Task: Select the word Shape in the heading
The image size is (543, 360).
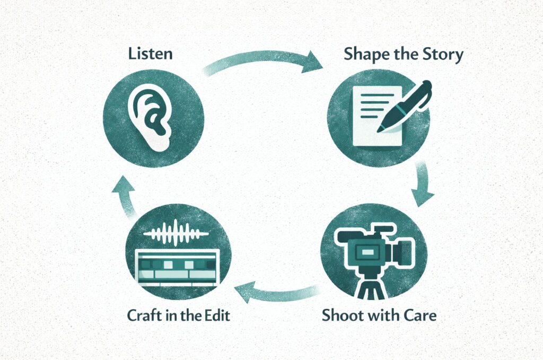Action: (x=366, y=55)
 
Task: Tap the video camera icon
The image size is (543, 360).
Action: (x=371, y=249)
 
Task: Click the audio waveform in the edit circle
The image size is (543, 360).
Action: (x=177, y=233)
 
